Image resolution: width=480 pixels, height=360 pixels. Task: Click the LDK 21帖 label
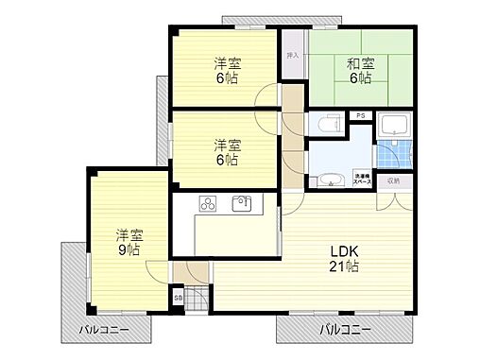coord(343,259)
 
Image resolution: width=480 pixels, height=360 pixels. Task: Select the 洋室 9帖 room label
coord(129,242)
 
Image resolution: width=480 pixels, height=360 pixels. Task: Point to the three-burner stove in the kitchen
coord(209,204)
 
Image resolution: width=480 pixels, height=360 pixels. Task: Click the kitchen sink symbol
coord(241,203)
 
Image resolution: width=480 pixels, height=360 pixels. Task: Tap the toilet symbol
coord(327,124)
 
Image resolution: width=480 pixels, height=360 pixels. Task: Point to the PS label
coord(361,115)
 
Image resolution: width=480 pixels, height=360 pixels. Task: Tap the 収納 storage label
coord(393,180)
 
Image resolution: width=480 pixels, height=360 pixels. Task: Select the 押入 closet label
coord(293,56)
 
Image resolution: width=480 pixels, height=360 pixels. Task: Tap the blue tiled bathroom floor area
coord(390,154)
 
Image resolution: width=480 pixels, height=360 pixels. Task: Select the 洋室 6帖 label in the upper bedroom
coord(224,71)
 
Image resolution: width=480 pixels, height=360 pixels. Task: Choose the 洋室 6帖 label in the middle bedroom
coord(226,152)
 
